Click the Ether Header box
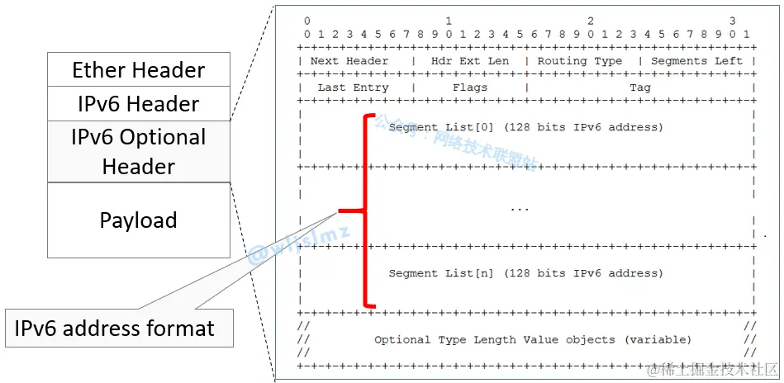click(x=138, y=69)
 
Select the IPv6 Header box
click(x=138, y=104)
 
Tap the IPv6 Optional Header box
click(x=138, y=152)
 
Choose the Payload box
click(x=138, y=220)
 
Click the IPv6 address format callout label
click(x=114, y=329)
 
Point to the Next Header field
click(x=349, y=61)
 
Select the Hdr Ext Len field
click(x=469, y=61)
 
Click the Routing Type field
click(x=579, y=61)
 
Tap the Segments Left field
click(x=696, y=61)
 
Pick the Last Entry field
click(x=353, y=87)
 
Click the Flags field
click(x=469, y=87)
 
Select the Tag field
click(x=639, y=87)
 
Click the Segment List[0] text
click(x=525, y=128)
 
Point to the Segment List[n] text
click(x=525, y=273)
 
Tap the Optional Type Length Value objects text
click(x=533, y=339)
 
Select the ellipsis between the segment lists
click(x=519, y=210)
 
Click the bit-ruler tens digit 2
click(x=591, y=21)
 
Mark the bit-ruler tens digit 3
click(x=732, y=21)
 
